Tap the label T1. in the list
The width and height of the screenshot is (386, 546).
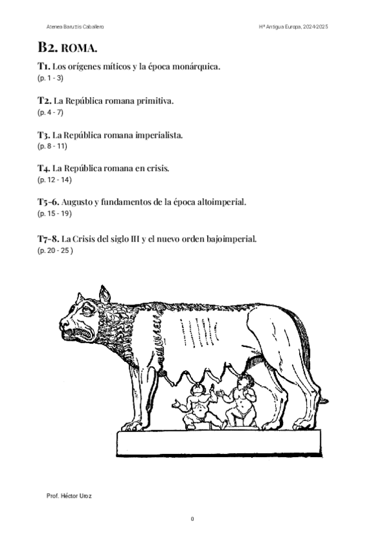pos(44,66)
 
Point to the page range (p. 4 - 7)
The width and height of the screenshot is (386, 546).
pos(51,112)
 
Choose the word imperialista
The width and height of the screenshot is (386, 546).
pos(160,135)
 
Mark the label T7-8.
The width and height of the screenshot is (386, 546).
pos(48,238)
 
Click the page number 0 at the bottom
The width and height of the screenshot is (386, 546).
pos(192,519)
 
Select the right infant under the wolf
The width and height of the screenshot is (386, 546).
pos(241,400)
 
